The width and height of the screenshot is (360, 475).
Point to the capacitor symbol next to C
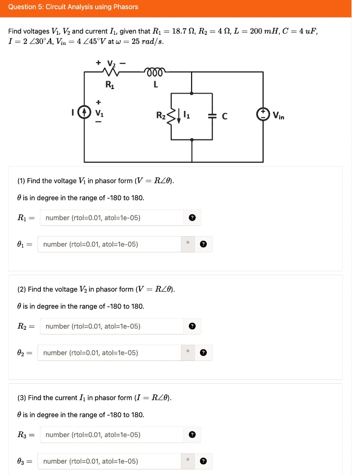point(212,116)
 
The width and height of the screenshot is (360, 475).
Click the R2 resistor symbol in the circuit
point(172,116)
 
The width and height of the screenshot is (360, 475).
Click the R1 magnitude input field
point(111,218)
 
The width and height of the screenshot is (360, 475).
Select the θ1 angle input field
point(109,244)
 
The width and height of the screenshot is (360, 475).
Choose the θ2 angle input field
point(109,353)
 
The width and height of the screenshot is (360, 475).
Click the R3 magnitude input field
point(111,435)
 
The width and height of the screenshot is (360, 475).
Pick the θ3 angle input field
point(109,461)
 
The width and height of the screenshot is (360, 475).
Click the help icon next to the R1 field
point(193,218)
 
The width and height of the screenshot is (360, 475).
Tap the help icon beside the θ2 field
point(203,353)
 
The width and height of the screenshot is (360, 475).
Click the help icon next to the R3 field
point(193,435)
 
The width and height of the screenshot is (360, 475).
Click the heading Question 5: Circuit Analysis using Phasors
point(73,7)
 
